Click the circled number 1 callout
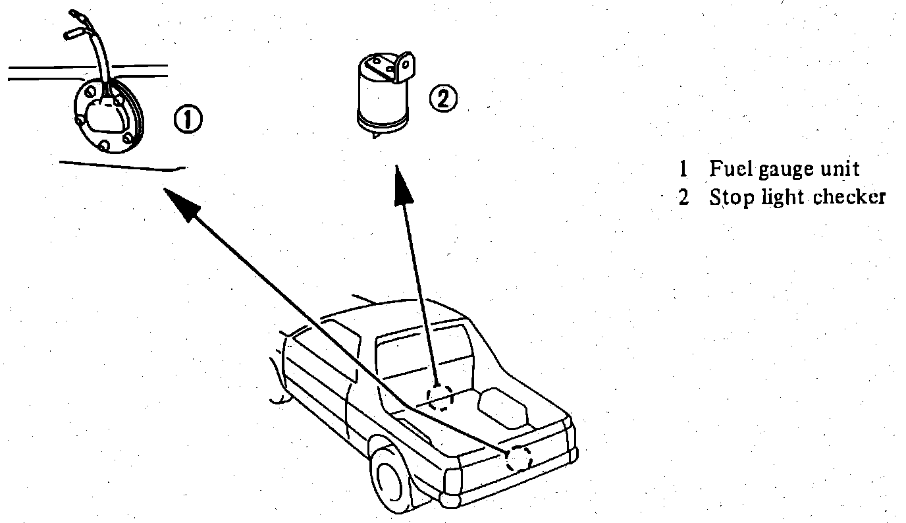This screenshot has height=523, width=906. click(188, 120)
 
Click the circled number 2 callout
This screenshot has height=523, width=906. click(442, 99)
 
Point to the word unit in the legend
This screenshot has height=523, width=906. click(839, 169)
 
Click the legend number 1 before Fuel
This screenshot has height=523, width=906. click(683, 169)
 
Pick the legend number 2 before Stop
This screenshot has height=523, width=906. click(683, 198)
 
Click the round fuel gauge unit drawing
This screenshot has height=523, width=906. click(107, 117)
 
